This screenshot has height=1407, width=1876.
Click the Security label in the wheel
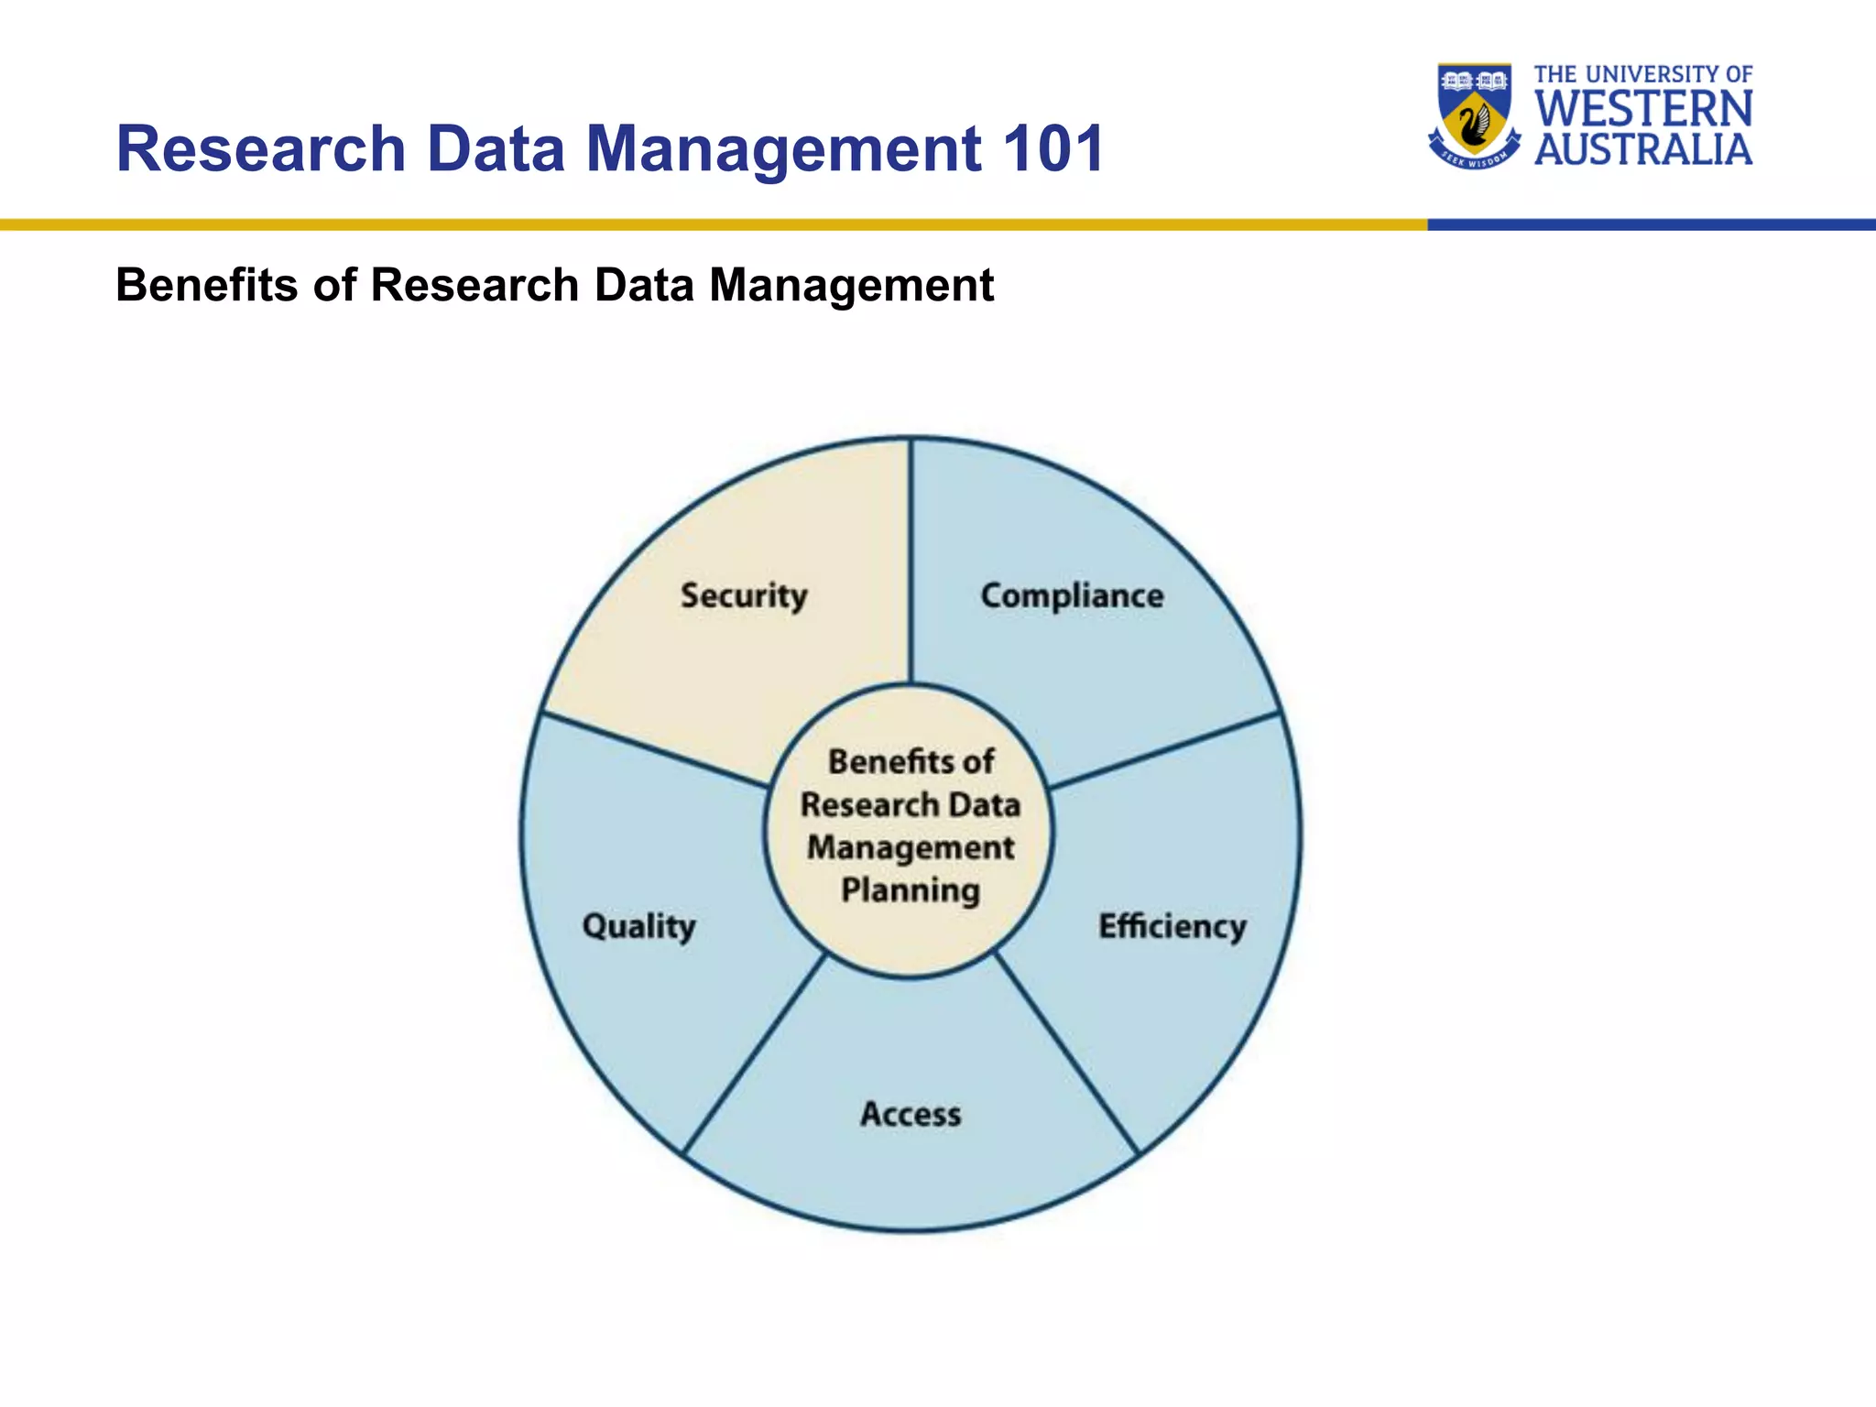coord(744,596)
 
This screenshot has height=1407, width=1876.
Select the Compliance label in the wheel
coord(1072,596)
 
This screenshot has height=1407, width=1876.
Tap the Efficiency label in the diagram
coord(1172,926)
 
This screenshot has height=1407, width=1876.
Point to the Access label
coord(911,1114)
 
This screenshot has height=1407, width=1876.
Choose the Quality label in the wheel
coord(639,926)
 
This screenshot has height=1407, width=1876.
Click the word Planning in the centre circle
coord(911,890)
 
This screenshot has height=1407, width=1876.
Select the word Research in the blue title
coord(261,148)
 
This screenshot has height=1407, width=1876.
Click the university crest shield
coord(1474,110)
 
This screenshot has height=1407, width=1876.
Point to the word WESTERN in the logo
coord(1643,109)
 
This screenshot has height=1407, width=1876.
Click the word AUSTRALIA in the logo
coord(1643,149)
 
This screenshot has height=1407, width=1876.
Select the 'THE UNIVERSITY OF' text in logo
coord(1643,74)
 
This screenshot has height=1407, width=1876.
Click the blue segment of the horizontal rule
coord(1649,224)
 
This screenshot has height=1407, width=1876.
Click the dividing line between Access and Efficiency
coord(1067,1053)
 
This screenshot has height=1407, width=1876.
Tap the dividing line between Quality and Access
coord(755,1053)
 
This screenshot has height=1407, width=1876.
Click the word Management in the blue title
coord(783,148)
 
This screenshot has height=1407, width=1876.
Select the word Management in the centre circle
coord(911,847)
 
